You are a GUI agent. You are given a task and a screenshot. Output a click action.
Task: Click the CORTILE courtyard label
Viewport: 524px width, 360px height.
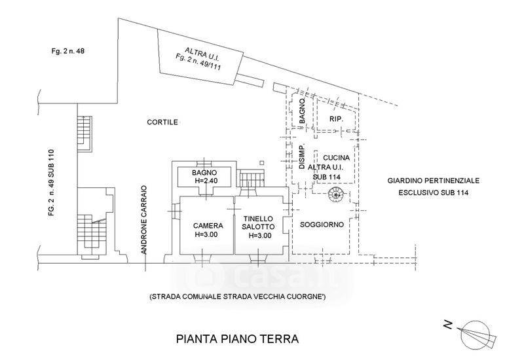pos(162,122)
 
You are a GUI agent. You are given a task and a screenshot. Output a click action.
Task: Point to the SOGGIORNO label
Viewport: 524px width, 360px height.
pos(322,225)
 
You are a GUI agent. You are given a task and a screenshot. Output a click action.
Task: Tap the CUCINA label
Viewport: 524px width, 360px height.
pos(335,158)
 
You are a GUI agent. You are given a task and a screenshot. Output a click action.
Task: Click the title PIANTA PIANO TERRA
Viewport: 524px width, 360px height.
pos(237,339)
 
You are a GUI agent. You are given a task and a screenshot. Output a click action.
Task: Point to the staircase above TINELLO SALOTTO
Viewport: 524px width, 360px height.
pos(251,177)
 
